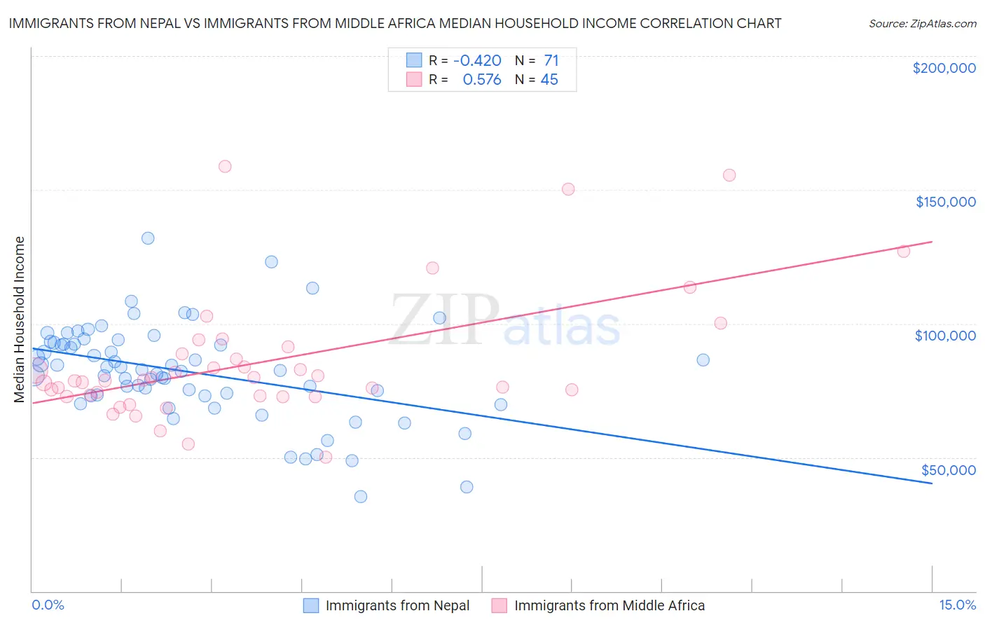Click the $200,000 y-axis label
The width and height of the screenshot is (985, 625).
(944, 68)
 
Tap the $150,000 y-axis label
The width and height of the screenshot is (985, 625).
(945, 202)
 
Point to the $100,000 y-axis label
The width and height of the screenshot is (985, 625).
(945, 336)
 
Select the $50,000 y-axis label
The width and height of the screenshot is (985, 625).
(948, 469)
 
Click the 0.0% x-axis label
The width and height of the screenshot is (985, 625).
(48, 605)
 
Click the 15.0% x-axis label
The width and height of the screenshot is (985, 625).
(957, 605)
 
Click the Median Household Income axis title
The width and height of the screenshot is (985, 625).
(20, 320)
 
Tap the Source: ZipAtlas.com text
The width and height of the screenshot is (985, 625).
(922, 24)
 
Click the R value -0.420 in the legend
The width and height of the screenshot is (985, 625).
(477, 61)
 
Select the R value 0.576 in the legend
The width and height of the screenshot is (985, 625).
(482, 80)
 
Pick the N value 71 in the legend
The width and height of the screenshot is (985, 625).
(551, 61)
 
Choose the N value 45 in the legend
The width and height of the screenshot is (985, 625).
(549, 80)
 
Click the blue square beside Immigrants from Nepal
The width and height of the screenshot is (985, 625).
(311, 605)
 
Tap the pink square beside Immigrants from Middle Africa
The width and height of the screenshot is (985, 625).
(499, 605)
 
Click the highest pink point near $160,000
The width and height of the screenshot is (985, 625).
(225, 167)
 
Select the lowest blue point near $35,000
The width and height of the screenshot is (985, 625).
(361, 497)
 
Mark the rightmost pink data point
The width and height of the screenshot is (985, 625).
(904, 252)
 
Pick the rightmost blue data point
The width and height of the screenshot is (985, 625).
(703, 360)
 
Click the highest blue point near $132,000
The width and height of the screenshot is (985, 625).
(148, 238)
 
